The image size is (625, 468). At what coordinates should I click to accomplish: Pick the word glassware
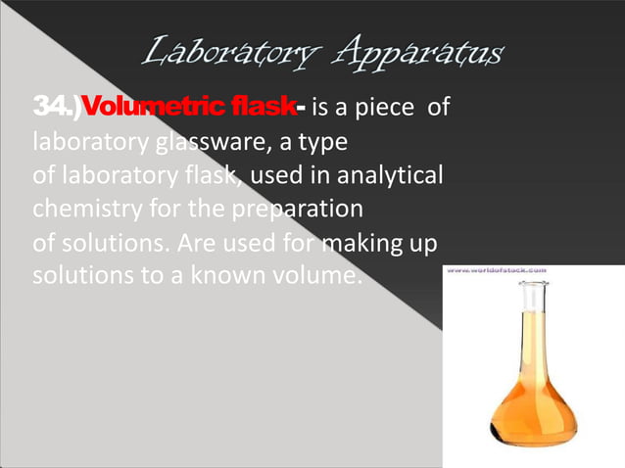(x=192, y=144)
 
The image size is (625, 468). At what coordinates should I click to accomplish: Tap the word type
(x=321, y=144)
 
